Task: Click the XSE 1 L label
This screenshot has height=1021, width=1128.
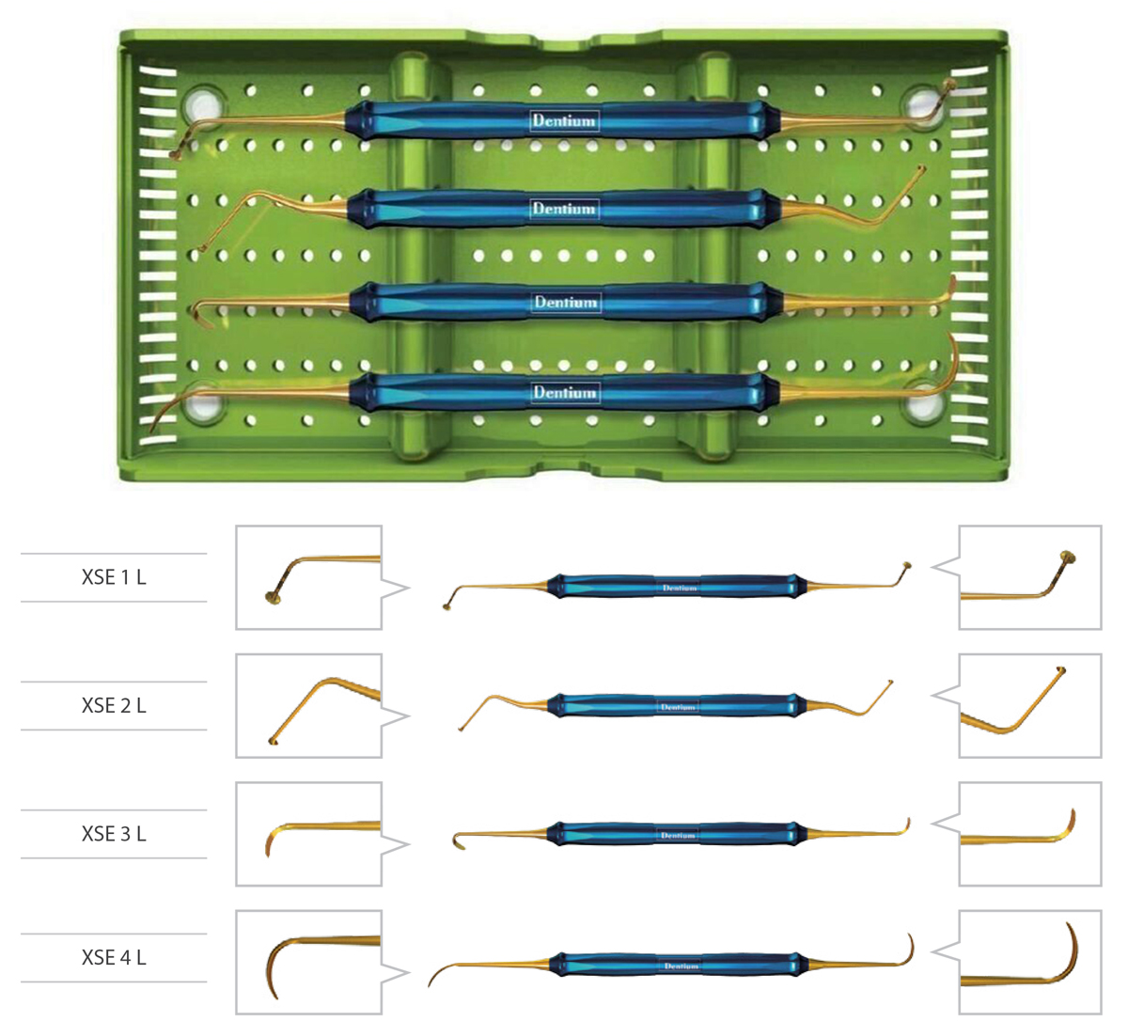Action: [114, 577]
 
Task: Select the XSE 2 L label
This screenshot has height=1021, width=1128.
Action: [114, 705]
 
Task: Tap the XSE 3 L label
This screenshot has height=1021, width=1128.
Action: [114, 834]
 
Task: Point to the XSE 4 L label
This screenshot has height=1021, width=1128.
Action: [114, 958]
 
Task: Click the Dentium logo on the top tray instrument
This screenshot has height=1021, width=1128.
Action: [564, 120]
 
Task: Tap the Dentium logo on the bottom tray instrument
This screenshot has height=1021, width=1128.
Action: [565, 392]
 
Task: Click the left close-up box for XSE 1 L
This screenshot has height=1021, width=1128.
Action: [308, 577]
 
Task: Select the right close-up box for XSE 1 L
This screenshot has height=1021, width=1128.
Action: [1029, 577]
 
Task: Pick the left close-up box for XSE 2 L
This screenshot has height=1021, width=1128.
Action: [308, 705]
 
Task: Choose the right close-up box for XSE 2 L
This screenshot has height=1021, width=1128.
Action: [1029, 705]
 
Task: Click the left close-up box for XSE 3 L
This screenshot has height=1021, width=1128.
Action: [308, 834]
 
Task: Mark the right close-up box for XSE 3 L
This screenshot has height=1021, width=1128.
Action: [1029, 834]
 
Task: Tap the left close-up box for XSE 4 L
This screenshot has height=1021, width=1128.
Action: [308, 962]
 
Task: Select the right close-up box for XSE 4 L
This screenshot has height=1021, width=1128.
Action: [1029, 962]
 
